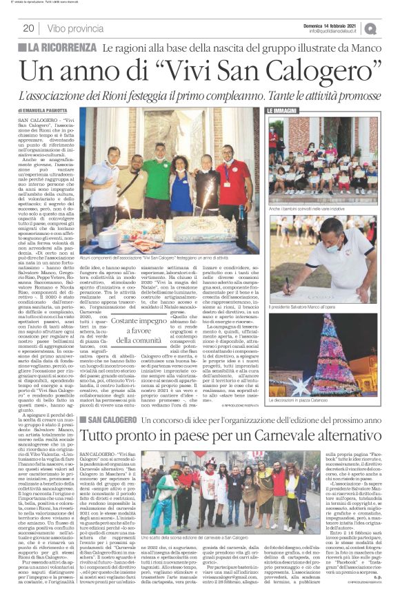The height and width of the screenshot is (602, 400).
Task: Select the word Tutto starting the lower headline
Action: coord(118,437)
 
